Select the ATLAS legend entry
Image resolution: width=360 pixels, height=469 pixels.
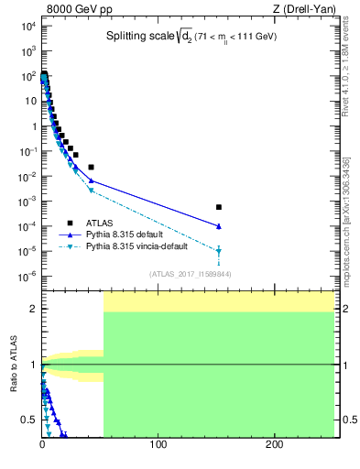[x=100, y=223]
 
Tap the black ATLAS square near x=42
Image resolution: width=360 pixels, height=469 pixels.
[x=91, y=167]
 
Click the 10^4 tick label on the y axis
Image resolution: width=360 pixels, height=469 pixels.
[x=27, y=27]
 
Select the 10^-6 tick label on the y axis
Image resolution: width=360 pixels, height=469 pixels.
[x=26, y=276]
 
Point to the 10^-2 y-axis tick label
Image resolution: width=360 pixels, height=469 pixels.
[x=26, y=176]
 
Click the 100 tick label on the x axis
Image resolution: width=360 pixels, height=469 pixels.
[x=158, y=446]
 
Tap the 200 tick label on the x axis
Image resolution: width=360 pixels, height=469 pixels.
[x=274, y=446]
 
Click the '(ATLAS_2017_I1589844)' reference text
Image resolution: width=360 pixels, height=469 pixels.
[x=189, y=273]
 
